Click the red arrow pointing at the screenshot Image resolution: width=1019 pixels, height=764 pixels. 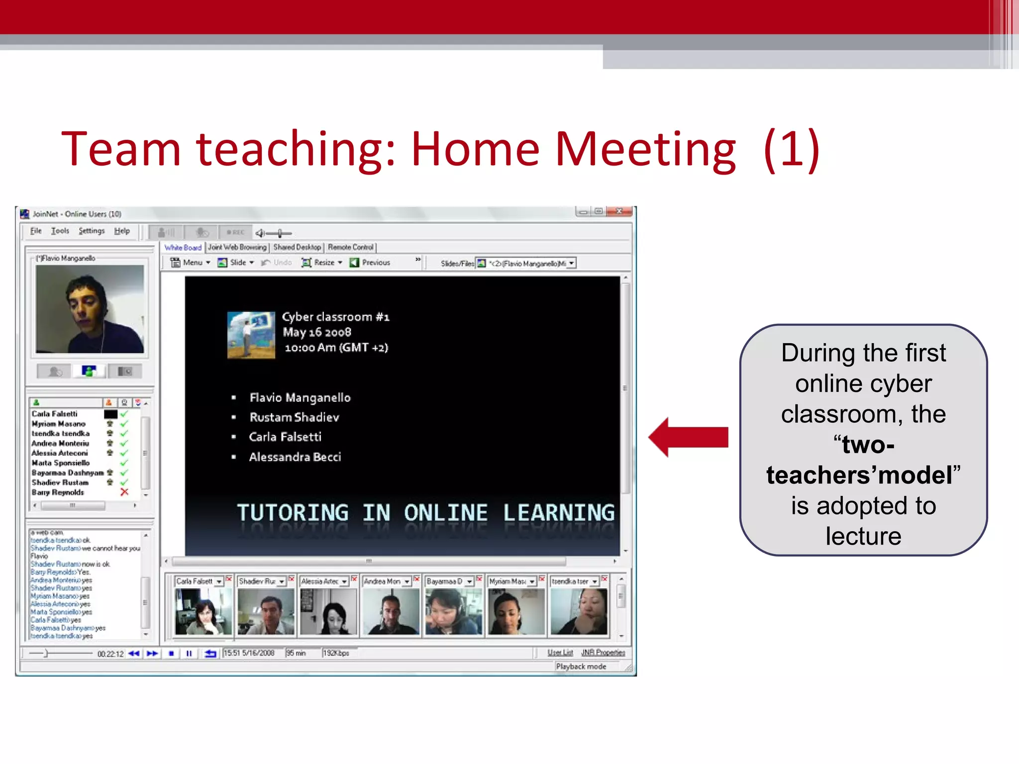point(689,437)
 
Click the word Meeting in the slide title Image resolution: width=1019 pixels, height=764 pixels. point(645,149)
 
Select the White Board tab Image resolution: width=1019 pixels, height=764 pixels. point(183,247)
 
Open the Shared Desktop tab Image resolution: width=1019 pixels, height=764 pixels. point(297,247)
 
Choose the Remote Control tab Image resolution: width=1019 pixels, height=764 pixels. point(350,247)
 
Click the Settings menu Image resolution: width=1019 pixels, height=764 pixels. point(92,231)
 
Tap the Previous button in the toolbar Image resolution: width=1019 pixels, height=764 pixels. point(371,263)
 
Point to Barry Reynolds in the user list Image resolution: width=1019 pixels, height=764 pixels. point(58,492)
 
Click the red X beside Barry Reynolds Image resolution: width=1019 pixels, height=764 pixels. point(124,492)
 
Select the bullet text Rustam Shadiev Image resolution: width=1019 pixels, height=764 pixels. point(294,417)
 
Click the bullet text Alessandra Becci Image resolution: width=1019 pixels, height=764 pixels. point(295,457)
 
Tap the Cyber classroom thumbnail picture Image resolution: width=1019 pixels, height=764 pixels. point(251,335)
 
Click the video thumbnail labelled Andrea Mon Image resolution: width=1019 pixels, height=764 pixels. point(391,611)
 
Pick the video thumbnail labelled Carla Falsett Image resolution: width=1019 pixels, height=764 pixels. point(203,611)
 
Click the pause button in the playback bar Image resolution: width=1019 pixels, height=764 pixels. point(189,654)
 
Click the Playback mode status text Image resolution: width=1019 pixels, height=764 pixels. point(581,667)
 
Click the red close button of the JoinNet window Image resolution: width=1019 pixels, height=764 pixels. point(620,211)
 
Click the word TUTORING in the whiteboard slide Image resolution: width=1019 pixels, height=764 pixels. point(293,513)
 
